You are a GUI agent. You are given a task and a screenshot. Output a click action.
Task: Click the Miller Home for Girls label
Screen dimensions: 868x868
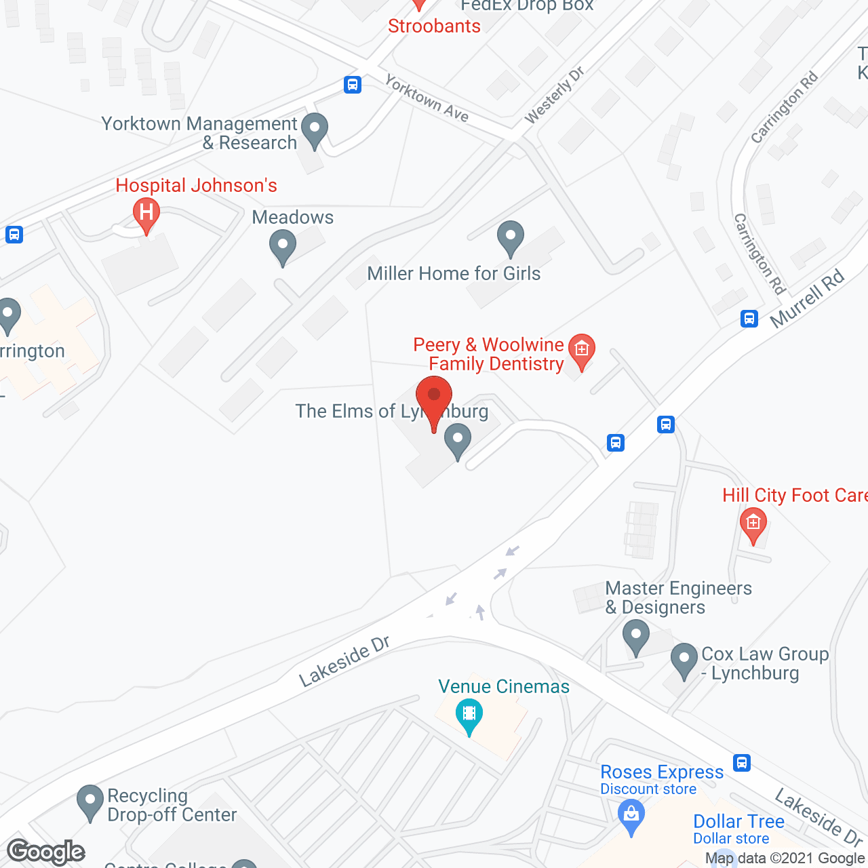(454, 273)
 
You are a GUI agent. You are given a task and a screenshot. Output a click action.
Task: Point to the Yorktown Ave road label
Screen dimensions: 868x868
(427, 98)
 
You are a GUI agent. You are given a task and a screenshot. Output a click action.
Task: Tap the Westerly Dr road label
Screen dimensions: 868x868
(554, 95)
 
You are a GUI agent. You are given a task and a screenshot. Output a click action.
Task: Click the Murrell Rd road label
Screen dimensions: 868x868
(808, 298)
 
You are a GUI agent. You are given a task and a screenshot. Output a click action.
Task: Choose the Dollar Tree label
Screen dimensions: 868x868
(738, 821)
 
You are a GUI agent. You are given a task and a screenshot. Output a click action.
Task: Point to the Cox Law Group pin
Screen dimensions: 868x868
(684, 660)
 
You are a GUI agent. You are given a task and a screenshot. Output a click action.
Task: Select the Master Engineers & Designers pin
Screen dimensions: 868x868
(635, 638)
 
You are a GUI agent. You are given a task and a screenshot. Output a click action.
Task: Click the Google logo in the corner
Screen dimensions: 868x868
(46, 851)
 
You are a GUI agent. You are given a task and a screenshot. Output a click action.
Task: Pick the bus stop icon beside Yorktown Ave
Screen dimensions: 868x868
(352, 85)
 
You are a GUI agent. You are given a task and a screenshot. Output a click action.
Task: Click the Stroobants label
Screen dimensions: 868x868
(434, 26)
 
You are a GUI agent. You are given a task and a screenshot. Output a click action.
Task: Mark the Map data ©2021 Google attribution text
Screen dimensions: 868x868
(785, 859)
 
